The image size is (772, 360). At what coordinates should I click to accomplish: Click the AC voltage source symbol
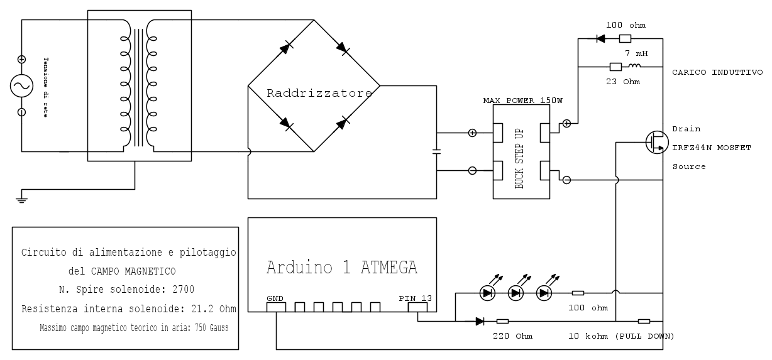pos(21,85)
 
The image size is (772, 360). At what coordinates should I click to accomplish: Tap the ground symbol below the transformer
pos(21,198)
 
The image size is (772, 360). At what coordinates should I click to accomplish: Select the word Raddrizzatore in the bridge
pos(319,93)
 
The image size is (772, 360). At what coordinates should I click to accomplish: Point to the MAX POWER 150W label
pos(522,101)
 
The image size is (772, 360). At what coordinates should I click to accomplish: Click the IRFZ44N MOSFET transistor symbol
pos(656,143)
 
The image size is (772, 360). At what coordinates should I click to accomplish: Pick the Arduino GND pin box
pos(276,307)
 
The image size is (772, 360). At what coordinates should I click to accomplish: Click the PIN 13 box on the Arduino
pos(417,307)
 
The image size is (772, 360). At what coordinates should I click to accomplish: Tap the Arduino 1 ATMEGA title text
pos(341,268)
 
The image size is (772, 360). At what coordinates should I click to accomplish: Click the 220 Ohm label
pos(512,336)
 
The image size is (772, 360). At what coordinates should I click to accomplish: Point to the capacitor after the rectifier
pos(437,151)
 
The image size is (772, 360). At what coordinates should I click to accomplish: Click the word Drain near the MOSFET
pos(685,128)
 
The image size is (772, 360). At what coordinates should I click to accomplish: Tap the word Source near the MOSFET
pos(688,166)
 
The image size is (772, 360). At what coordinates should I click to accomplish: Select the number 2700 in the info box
pos(182,290)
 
